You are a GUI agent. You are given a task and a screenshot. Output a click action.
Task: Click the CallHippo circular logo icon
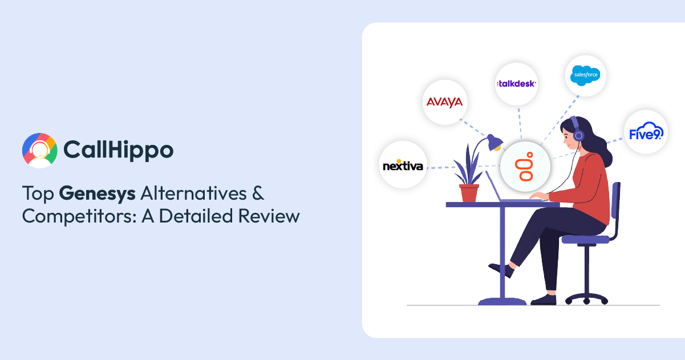(x=40, y=151)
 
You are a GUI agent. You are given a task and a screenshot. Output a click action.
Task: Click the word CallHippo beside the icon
(x=118, y=150)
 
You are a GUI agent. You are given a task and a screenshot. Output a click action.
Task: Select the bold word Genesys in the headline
(x=97, y=193)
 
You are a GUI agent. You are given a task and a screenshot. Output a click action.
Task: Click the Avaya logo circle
(x=444, y=103)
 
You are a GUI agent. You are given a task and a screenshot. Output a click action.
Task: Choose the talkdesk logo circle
(x=516, y=84)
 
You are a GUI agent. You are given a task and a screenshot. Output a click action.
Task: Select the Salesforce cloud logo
(x=586, y=76)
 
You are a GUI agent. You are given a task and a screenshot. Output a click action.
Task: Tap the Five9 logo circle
(x=645, y=132)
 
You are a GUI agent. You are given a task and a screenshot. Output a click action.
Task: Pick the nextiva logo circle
(x=403, y=165)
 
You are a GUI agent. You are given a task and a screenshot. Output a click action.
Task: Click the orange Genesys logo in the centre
(x=525, y=166)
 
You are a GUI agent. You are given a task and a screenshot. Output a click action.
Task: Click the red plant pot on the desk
(x=469, y=193)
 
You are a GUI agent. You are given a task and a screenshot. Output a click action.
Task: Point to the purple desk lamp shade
(x=493, y=141)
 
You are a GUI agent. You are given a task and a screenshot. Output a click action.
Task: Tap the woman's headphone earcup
(x=578, y=135)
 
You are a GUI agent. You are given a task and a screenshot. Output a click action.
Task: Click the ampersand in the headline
(x=258, y=193)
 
